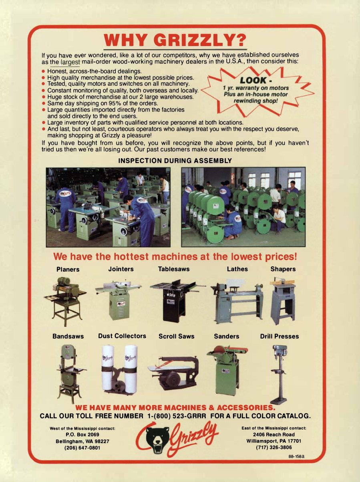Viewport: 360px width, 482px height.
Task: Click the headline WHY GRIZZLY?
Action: pyautogui.click(x=175, y=40)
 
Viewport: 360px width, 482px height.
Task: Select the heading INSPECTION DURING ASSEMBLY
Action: pyautogui.click(x=175, y=161)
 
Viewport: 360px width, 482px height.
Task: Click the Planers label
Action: pyautogui.click(x=68, y=269)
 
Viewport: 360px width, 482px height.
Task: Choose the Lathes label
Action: pyautogui.click(x=237, y=269)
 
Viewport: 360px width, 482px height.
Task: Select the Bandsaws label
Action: pyautogui.click(x=68, y=336)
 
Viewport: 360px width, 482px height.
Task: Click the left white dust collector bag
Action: pyautogui.click(x=108, y=367)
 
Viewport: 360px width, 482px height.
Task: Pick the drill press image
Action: pyautogui.click(x=279, y=373)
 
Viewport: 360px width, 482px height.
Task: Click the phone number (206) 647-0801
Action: pyautogui.click(x=82, y=448)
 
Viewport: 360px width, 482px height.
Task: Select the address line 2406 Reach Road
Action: pyautogui.click(x=274, y=434)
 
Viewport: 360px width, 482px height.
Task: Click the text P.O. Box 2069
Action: pyautogui.click(x=82, y=434)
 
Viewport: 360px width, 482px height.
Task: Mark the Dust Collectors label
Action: pyautogui.click(x=122, y=336)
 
